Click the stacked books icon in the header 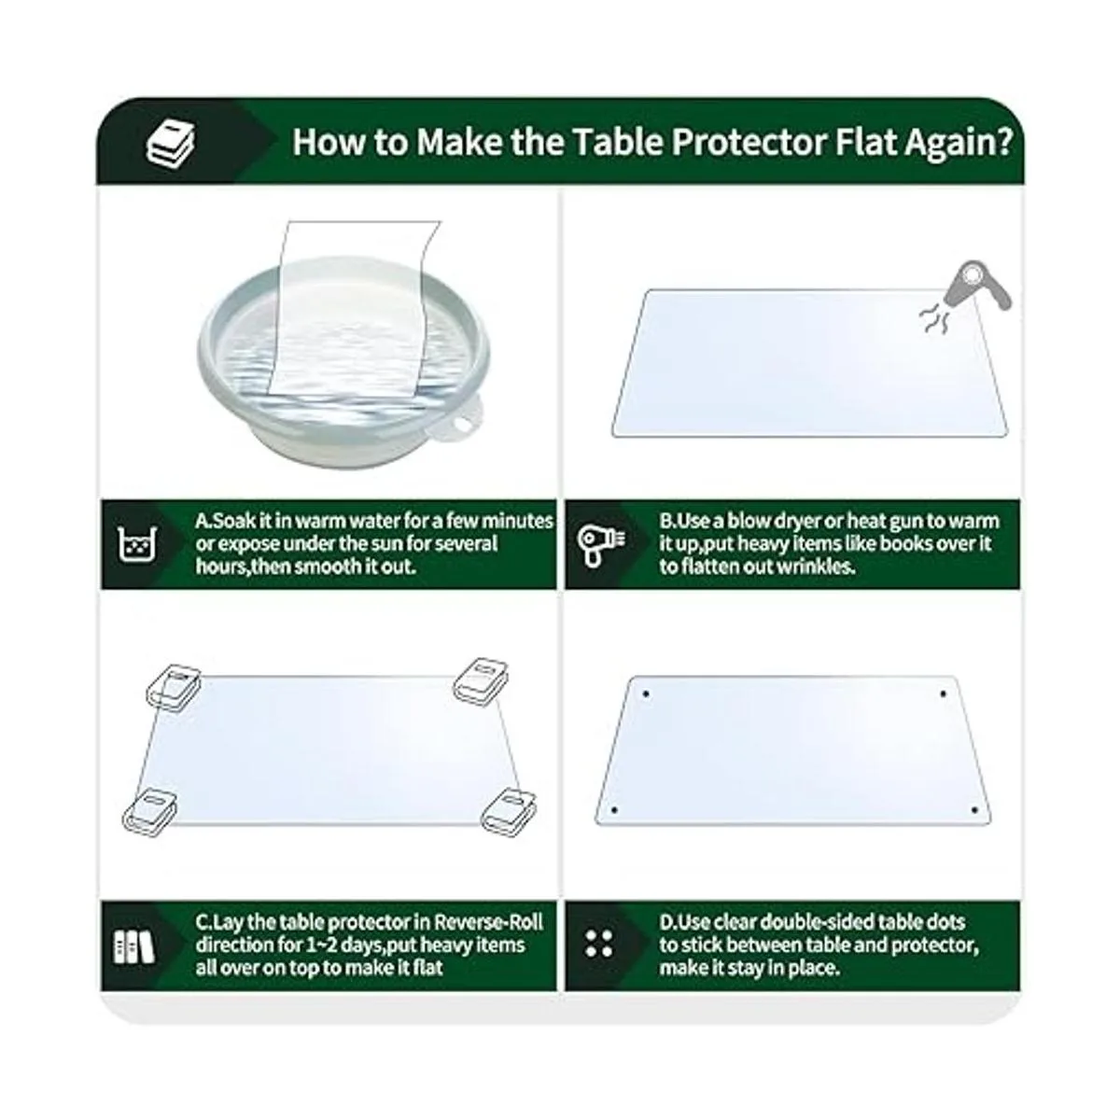(170, 143)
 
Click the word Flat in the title (866, 142)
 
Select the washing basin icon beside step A (137, 545)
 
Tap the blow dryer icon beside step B (600, 544)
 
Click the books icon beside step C (134, 948)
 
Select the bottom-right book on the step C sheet (509, 812)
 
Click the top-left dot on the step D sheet (646, 694)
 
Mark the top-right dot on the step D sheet (943, 694)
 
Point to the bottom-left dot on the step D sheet (615, 809)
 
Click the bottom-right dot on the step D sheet (974, 810)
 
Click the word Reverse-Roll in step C (488, 922)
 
